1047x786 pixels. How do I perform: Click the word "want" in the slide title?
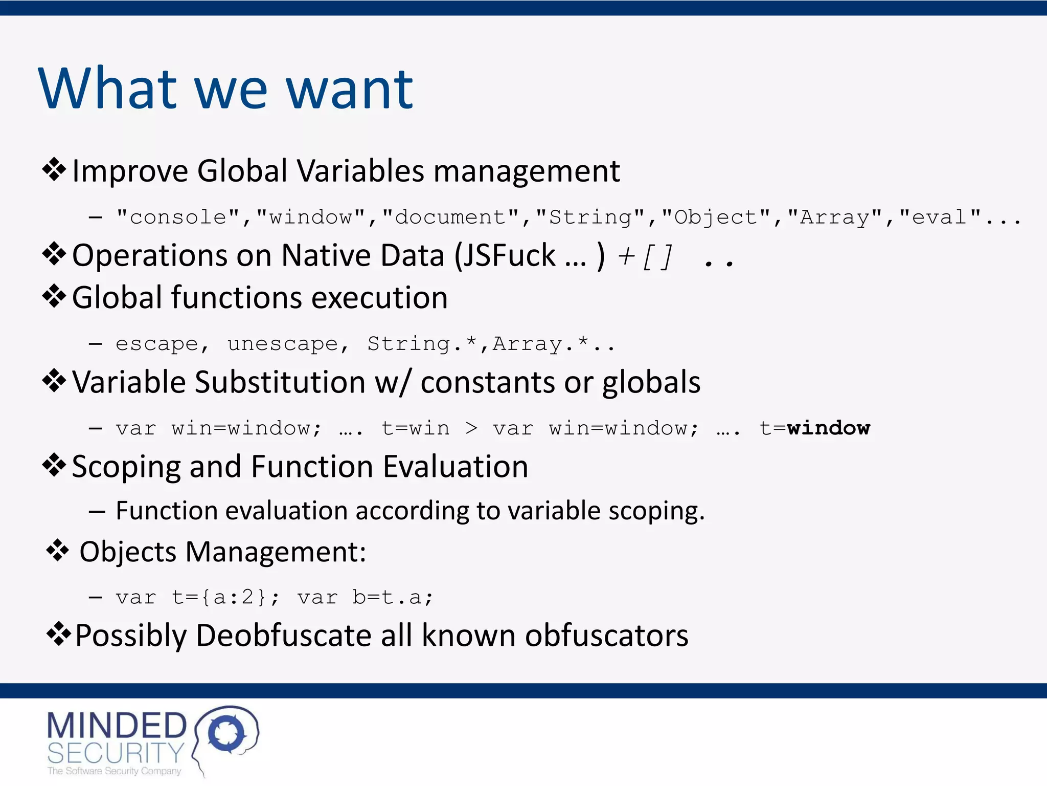[x=349, y=90]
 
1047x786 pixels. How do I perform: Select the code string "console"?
[x=178, y=217]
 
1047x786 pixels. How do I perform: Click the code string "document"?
[x=450, y=217]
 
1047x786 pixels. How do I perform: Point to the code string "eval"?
[x=940, y=217]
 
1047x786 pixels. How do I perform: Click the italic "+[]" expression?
[x=645, y=256]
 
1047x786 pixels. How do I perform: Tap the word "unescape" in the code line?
[x=283, y=344]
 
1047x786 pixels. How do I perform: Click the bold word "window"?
[x=828, y=428]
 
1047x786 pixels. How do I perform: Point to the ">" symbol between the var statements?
[x=471, y=428]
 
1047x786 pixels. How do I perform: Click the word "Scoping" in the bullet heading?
[x=126, y=467]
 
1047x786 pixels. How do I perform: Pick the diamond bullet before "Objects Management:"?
[x=57, y=551]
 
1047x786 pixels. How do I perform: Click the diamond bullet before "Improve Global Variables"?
[x=54, y=170]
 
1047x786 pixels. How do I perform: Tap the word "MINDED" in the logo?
[x=117, y=726]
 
